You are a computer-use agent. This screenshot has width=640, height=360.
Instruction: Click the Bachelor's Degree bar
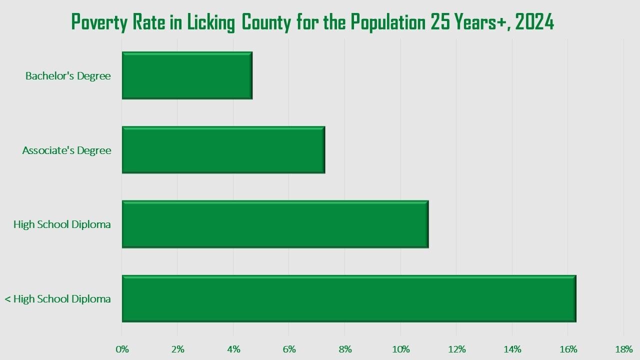pyautogui.click(x=187, y=75)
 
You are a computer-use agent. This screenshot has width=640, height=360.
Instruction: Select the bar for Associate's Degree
pyautogui.click(x=223, y=150)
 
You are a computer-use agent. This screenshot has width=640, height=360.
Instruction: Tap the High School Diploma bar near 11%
pyautogui.click(x=275, y=224)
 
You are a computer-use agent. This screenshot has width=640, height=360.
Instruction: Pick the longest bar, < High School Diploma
pyautogui.click(x=349, y=298)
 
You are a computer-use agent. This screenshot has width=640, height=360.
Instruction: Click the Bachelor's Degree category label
pyautogui.click(x=68, y=76)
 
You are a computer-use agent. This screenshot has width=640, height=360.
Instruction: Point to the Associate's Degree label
pyautogui.click(x=66, y=150)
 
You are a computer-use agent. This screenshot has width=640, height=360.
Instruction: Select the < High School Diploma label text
pyautogui.click(x=57, y=299)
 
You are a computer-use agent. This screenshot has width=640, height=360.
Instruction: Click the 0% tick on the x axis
pyautogui.click(x=122, y=349)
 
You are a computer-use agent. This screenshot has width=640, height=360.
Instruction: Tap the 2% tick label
pyautogui.click(x=177, y=349)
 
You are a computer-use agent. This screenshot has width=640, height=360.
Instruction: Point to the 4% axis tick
pyautogui.click(x=233, y=349)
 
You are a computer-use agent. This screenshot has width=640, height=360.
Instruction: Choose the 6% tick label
pyautogui.click(x=289, y=349)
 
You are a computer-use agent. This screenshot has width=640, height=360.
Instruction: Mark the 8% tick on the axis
pyautogui.click(x=345, y=349)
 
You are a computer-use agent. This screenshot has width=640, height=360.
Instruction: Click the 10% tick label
pyautogui.click(x=401, y=349)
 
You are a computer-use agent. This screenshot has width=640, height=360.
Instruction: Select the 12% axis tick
pyautogui.click(x=456, y=349)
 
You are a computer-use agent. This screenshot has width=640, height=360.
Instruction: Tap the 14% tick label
pyautogui.click(x=512, y=349)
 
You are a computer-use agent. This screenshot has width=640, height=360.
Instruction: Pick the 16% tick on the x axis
pyautogui.click(x=568, y=349)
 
